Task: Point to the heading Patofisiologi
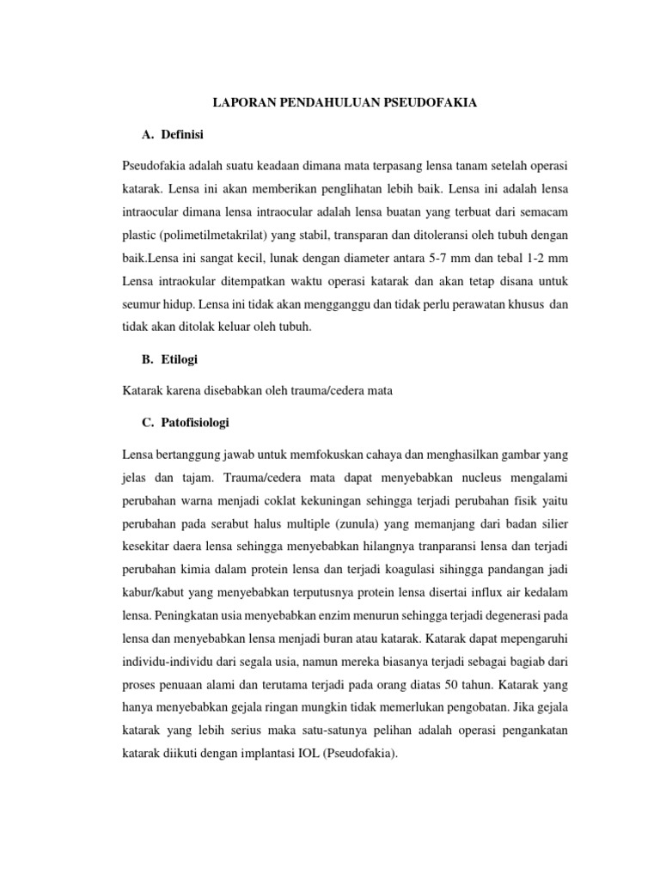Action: pos(193,423)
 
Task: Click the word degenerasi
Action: pos(503,616)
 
